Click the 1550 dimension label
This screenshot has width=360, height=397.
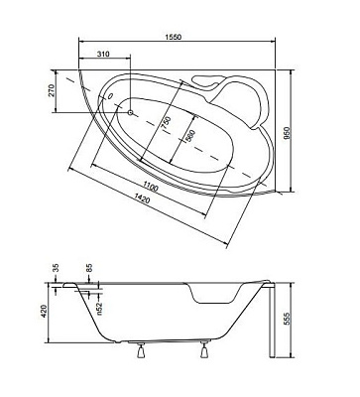174,37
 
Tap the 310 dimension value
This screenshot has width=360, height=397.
103,54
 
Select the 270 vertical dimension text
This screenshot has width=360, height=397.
52,90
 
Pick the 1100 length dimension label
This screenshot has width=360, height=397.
151,188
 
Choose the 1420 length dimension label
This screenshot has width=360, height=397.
142,199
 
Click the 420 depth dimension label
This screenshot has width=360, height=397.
44,312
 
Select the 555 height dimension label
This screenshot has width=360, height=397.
287,319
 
